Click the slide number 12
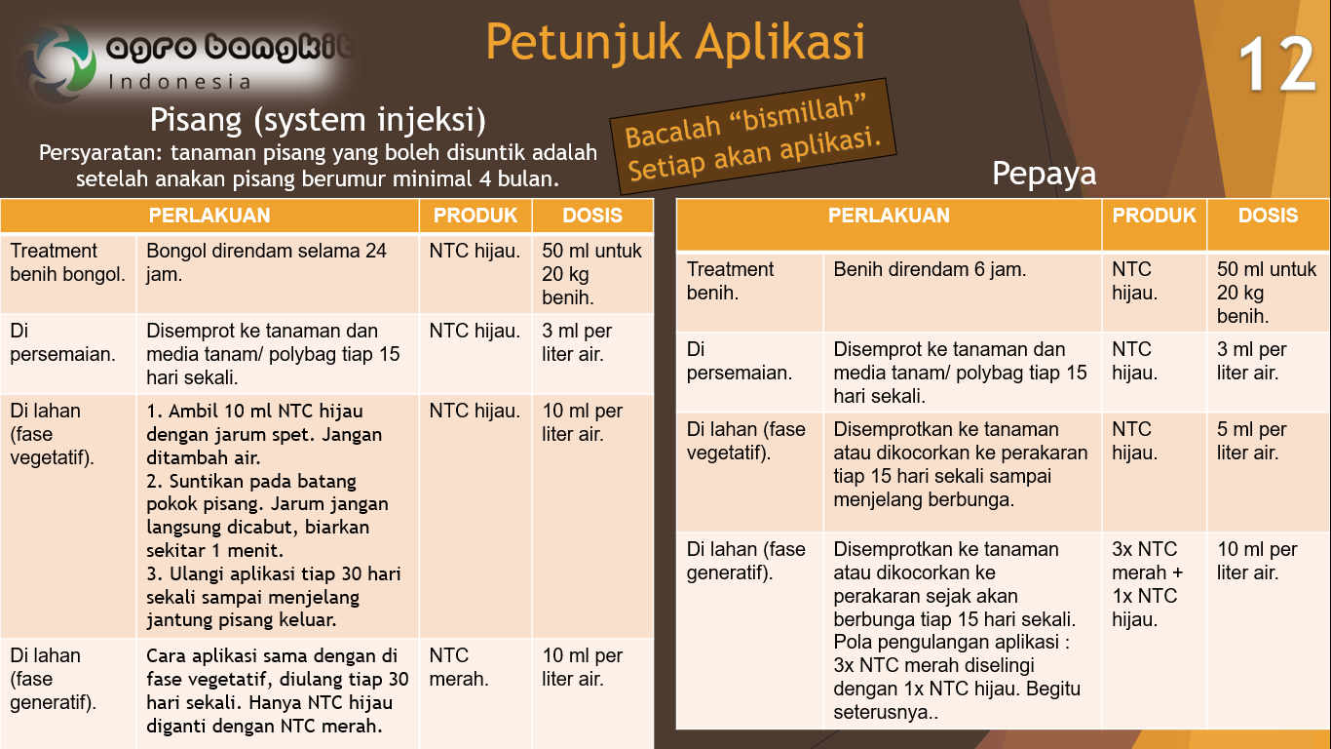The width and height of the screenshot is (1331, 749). click(x=1277, y=66)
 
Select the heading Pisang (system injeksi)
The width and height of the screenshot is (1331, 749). click(x=318, y=120)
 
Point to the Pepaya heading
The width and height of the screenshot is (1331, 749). click(x=1044, y=174)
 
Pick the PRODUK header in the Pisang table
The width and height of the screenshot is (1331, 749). click(x=475, y=216)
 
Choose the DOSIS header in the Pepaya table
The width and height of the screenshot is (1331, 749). click(x=1268, y=216)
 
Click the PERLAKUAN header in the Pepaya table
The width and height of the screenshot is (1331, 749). click(x=889, y=216)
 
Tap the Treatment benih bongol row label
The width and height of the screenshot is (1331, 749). click(x=67, y=262)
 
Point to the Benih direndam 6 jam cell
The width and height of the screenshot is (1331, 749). click(x=930, y=270)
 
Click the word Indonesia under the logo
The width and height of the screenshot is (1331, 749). click(x=179, y=81)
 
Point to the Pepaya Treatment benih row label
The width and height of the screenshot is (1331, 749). click(x=731, y=281)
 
